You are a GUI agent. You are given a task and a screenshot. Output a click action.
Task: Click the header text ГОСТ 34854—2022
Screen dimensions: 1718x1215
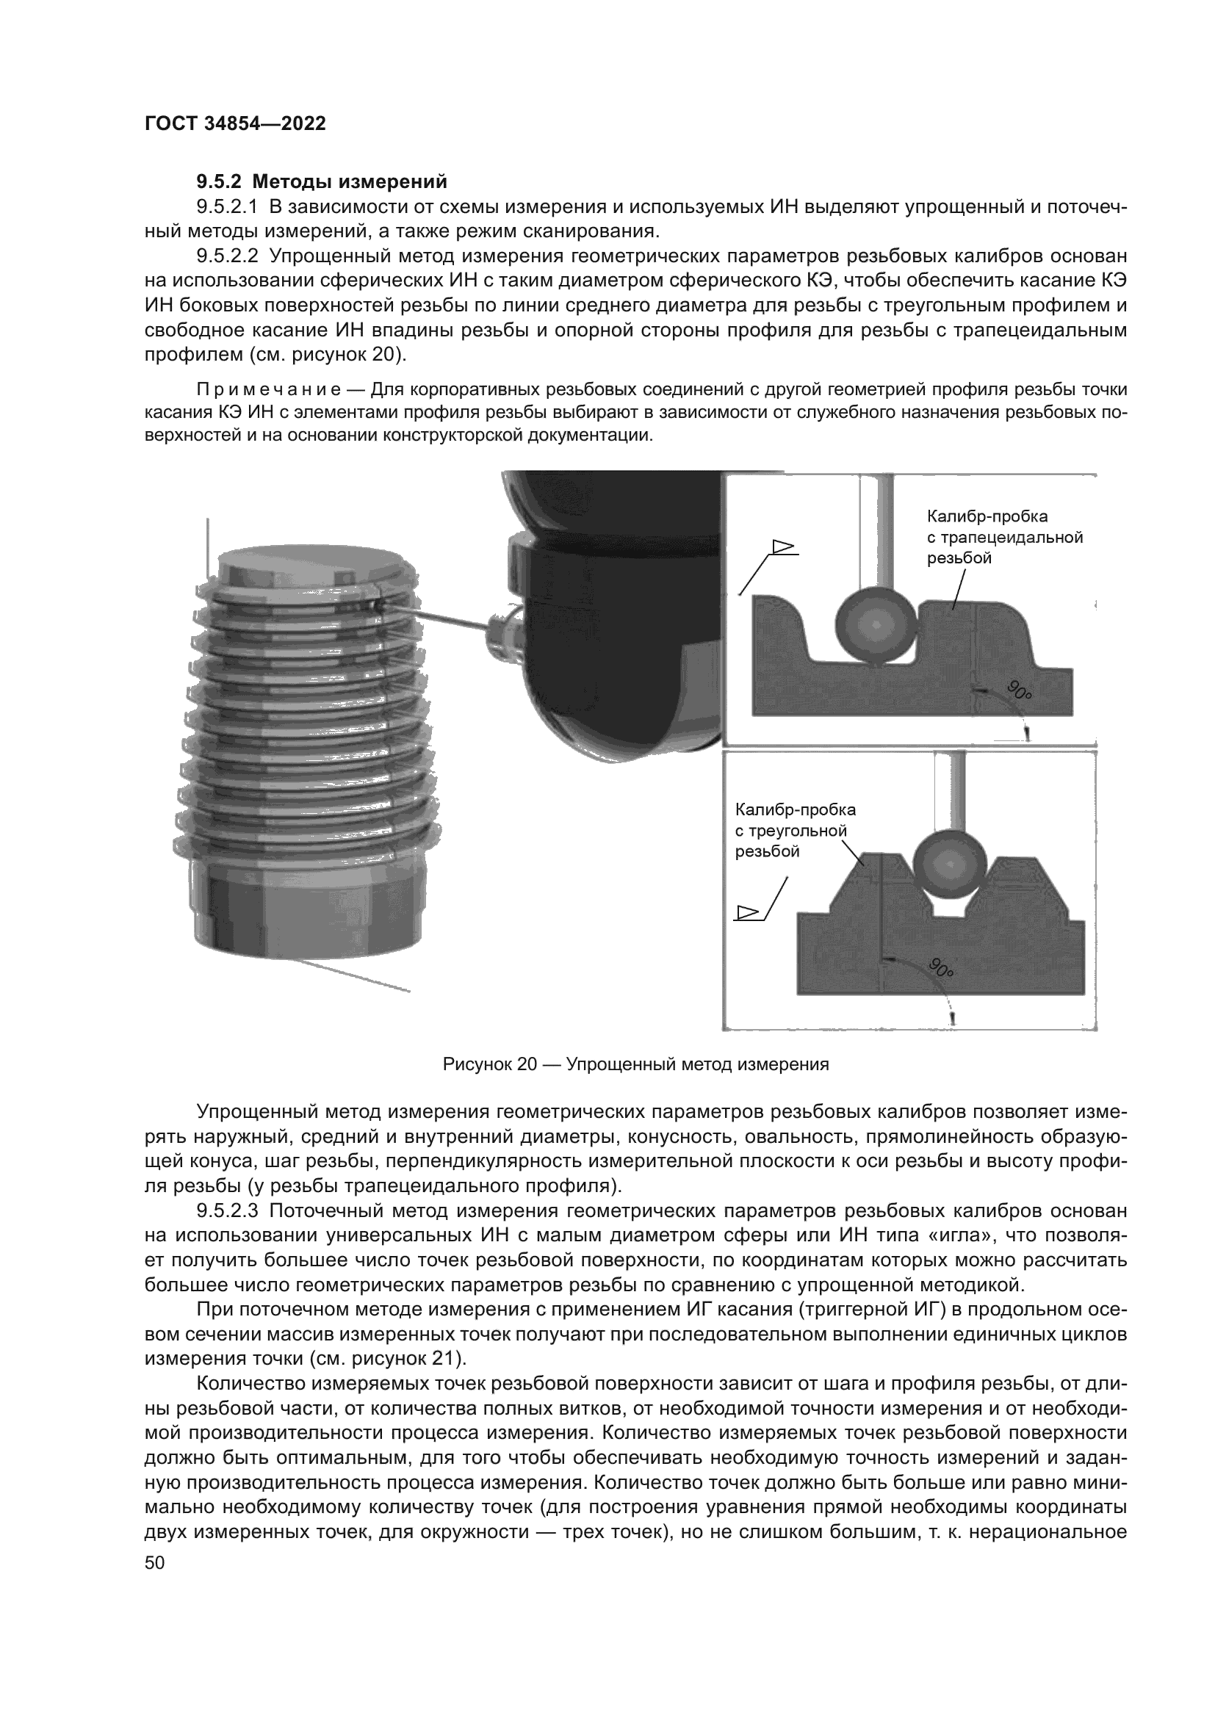235,124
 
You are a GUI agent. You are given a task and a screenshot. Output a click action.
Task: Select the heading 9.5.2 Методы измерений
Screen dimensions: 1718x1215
322,182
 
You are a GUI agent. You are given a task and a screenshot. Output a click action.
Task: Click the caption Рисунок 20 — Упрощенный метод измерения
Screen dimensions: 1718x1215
636,1064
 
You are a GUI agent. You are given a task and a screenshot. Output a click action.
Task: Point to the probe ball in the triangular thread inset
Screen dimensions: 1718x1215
949,865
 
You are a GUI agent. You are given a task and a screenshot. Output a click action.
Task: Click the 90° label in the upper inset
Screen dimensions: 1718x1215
1018,690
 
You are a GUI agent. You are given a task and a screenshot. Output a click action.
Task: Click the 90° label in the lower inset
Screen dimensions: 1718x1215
942,967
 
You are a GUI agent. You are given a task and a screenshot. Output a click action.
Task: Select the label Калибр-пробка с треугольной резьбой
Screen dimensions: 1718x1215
795,831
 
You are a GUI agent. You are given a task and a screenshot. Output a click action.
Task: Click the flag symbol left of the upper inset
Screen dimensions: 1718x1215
782,550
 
